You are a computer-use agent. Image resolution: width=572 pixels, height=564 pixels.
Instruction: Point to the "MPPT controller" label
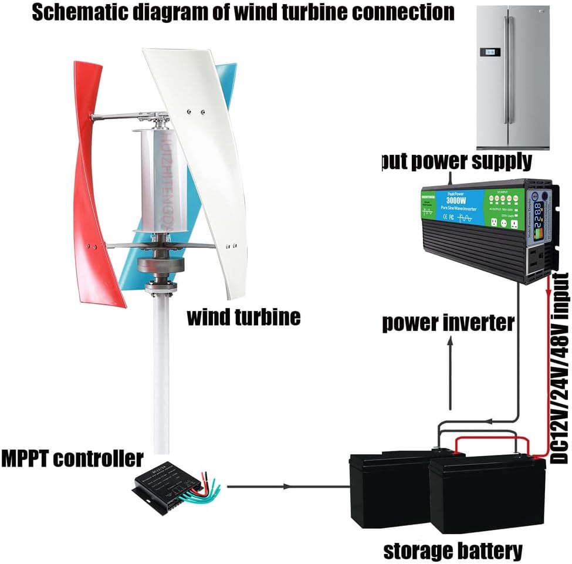(x=72, y=458)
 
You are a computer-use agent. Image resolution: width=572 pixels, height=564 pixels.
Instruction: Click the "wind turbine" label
(x=243, y=317)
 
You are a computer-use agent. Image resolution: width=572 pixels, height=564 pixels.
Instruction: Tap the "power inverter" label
(x=448, y=322)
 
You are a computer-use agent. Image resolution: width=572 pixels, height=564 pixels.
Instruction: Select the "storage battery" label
(x=452, y=551)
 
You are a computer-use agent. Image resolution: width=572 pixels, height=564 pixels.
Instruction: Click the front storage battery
(x=487, y=496)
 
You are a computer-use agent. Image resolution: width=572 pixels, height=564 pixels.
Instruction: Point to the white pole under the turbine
(x=161, y=376)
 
